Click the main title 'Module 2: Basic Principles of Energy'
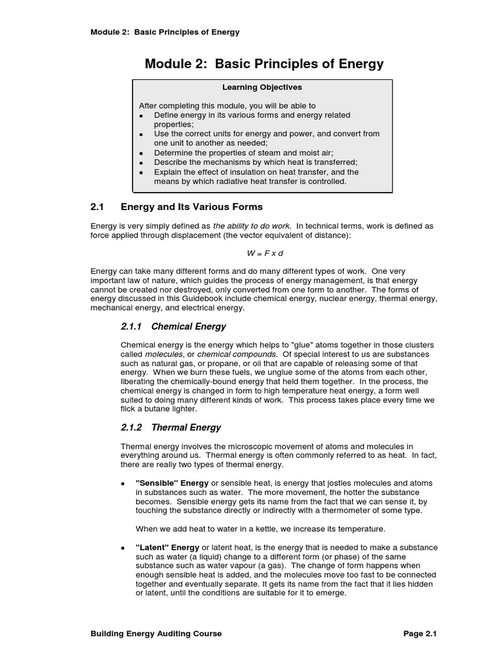pyautogui.click(x=264, y=64)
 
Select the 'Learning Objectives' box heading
pyautogui.click(x=262, y=87)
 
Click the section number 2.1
pyautogui.click(x=97, y=207)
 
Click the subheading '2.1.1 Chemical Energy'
pyautogui.click(x=173, y=326)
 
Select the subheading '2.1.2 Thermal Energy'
pyautogui.click(x=171, y=427)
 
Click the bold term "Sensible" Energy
pyautogui.click(x=172, y=483)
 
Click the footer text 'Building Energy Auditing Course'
pyautogui.click(x=156, y=633)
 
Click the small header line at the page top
pyautogui.click(x=165, y=32)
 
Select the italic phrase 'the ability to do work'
pyautogui.click(x=251, y=225)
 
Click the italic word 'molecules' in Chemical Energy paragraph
pyautogui.click(x=159, y=353)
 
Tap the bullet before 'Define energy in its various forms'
pyautogui.click(x=142, y=115)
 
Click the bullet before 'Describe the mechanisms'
pyautogui.click(x=142, y=163)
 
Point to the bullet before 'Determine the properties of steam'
pyautogui.click(x=142, y=153)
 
